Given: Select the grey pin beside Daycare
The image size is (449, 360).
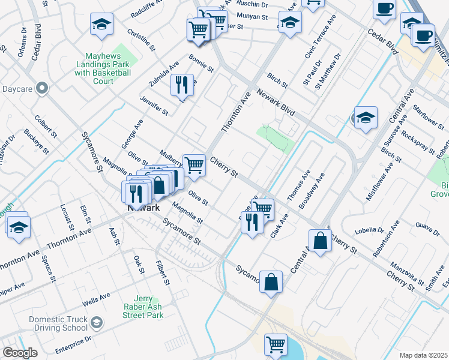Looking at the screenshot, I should (41, 89).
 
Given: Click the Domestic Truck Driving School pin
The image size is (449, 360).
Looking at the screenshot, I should (96, 324).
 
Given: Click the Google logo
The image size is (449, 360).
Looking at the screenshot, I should (20, 353).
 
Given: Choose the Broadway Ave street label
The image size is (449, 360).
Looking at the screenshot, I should (312, 191).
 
